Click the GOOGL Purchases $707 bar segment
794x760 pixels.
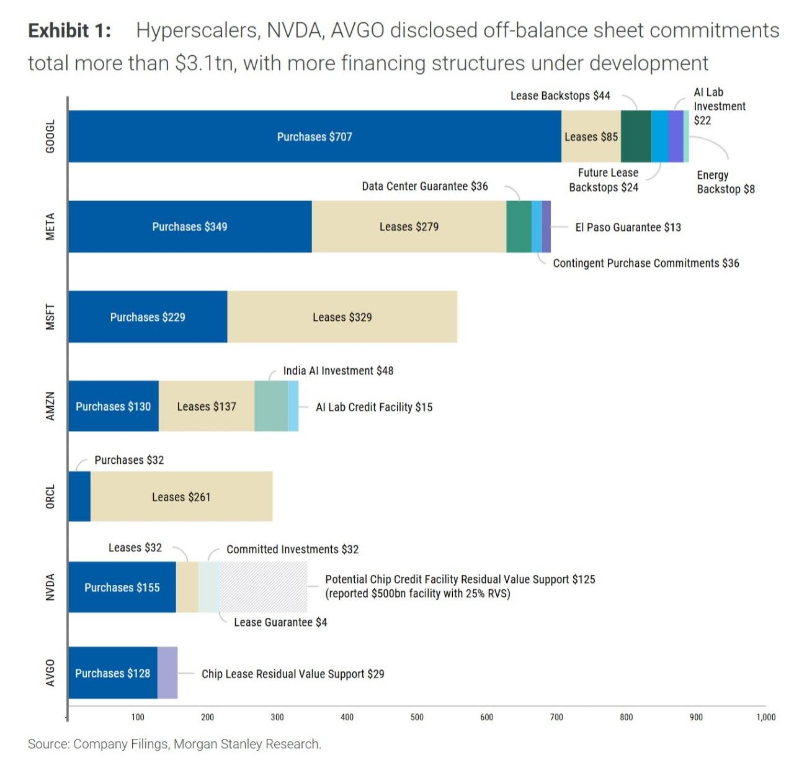point(314,136)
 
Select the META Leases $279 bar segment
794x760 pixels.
point(409,226)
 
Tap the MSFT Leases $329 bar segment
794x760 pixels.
point(342,317)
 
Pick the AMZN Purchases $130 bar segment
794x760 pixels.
point(114,406)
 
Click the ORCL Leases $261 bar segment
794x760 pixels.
point(182,496)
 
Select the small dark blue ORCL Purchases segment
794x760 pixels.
point(79,496)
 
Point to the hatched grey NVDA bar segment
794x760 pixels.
point(264,587)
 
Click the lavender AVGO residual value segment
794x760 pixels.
point(167,672)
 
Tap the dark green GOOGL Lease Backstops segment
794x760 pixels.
point(636,136)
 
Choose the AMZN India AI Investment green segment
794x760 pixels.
point(271,406)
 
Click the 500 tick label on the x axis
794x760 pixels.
point(417,717)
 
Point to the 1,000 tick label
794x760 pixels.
point(766,717)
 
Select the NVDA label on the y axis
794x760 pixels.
point(50,587)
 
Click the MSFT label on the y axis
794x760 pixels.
point(50,317)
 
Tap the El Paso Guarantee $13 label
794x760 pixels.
point(628,227)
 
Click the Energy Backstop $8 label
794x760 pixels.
point(725,182)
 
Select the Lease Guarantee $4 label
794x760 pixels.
point(280,622)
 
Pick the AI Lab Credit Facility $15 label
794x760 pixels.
point(374,407)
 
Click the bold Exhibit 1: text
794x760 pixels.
point(69,30)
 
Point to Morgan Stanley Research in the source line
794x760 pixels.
point(248,744)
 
